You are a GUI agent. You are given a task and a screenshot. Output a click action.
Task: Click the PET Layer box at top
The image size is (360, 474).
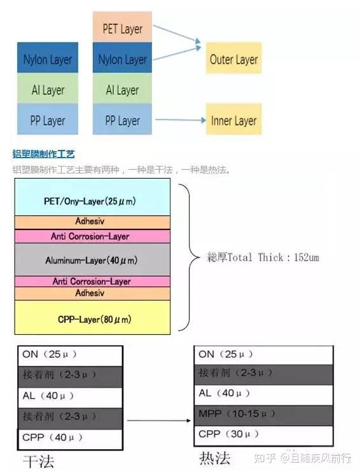pyautogui.click(x=122, y=28)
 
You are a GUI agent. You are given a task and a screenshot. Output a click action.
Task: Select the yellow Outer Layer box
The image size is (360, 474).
pyautogui.click(x=233, y=60)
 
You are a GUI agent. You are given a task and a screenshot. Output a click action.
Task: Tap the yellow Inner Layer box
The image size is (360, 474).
pyautogui.click(x=233, y=121)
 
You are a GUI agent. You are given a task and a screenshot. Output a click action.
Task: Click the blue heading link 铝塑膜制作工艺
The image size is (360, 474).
pyautogui.click(x=43, y=154)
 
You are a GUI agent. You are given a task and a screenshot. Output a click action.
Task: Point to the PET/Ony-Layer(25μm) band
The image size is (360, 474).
pyautogui.click(x=92, y=201)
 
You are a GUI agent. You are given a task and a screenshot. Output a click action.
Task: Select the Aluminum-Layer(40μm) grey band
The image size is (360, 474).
pyautogui.click(x=92, y=261)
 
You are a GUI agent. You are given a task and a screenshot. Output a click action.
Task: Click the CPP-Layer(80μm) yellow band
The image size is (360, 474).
pyautogui.click(x=92, y=318)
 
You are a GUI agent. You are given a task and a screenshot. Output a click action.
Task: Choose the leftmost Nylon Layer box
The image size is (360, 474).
pyautogui.click(x=48, y=60)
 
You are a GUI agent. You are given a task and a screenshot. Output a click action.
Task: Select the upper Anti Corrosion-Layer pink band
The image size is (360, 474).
pyautogui.click(x=92, y=236)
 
